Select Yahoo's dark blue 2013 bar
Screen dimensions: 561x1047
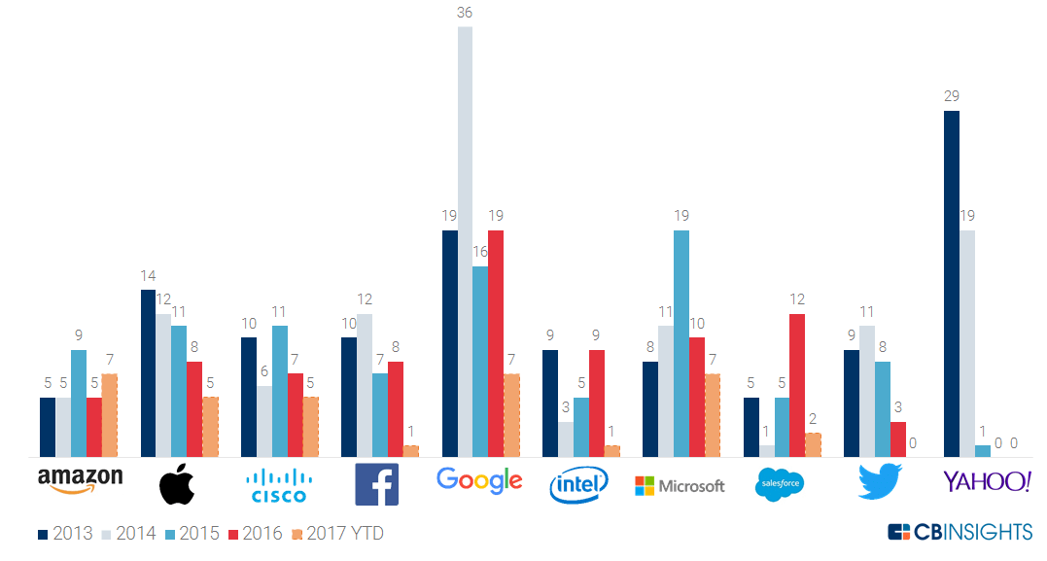(x=952, y=283)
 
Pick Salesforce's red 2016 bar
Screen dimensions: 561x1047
(x=797, y=385)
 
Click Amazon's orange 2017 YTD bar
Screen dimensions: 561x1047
(x=109, y=415)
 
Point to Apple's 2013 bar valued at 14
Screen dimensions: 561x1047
(x=149, y=373)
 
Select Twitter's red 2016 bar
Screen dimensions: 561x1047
(x=898, y=438)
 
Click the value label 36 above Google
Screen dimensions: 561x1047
(x=465, y=13)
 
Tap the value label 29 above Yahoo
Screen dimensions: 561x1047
(x=952, y=96)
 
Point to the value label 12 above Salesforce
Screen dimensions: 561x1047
(x=797, y=299)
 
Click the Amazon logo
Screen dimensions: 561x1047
(x=80, y=480)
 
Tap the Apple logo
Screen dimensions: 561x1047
(x=177, y=484)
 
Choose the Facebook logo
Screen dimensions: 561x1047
(x=376, y=484)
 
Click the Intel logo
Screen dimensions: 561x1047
(x=578, y=484)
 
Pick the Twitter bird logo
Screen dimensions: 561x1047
(x=880, y=482)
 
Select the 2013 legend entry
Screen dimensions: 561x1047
(x=66, y=534)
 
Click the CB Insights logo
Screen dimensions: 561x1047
(x=960, y=532)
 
